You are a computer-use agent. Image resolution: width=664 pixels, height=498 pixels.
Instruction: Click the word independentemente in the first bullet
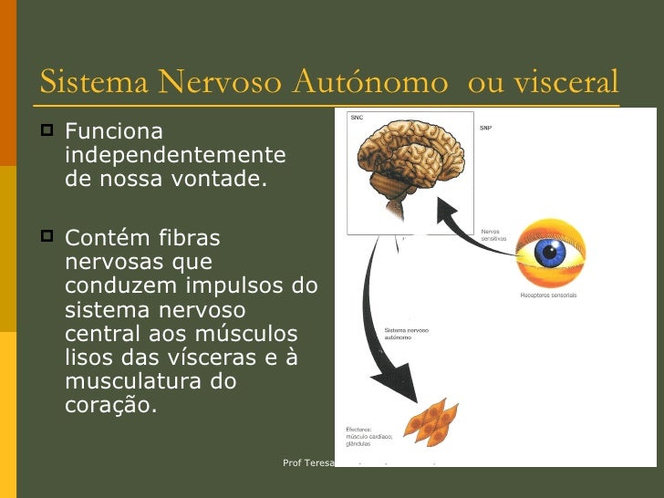point(175,155)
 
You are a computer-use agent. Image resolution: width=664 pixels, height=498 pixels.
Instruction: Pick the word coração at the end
point(109,405)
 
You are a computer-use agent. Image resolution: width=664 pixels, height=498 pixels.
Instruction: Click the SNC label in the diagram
point(358,119)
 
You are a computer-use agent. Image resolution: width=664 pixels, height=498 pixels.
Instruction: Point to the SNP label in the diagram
point(487,129)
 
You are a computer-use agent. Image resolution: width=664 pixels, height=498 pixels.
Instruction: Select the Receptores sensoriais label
point(548,296)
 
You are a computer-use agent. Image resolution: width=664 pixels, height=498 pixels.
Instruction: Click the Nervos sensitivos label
point(493,235)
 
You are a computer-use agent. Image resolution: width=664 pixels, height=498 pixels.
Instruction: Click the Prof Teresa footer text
point(308,463)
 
